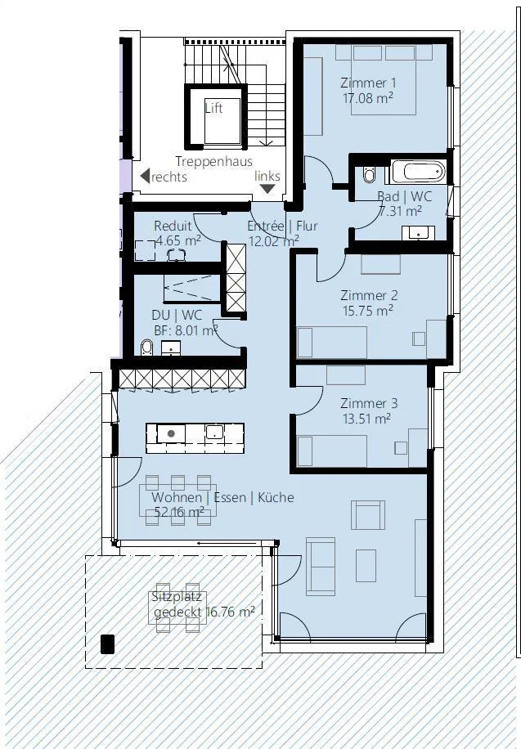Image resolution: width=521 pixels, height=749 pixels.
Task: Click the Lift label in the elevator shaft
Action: (x=213, y=108)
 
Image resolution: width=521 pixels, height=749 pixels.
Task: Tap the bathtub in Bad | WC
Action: (x=419, y=172)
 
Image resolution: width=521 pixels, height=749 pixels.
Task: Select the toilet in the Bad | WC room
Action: (x=369, y=174)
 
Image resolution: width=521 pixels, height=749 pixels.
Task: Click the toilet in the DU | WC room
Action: (x=146, y=348)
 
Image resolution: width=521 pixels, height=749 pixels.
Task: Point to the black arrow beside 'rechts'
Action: (x=145, y=176)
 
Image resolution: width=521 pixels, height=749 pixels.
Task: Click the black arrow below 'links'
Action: (x=267, y=189)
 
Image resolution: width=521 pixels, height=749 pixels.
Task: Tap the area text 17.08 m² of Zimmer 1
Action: (x=367, y=98)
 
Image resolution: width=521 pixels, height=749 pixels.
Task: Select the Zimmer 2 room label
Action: (x=369, y=295)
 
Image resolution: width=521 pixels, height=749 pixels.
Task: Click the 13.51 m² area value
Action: (x=366, y=419)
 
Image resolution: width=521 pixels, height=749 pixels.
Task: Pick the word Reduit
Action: (x=173, y=226)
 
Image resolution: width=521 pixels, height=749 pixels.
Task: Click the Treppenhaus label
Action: (x=213, y=161)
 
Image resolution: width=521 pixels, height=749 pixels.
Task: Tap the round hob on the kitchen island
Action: (x=170, y=433)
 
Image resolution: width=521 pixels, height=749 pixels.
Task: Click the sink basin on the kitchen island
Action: (x=214, y=433)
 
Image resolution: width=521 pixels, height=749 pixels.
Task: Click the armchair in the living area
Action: (x=367, y=515)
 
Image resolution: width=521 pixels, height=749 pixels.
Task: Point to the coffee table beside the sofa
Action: (x=366, y=566)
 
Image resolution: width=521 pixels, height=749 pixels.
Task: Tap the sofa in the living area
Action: (x=321, y=567)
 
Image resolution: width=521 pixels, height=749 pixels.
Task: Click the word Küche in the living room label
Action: (x=276, y=497)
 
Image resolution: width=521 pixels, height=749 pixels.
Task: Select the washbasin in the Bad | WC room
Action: (x=418, y=232)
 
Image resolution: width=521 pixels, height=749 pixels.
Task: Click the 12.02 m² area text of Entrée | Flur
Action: (x=273, y=240)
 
